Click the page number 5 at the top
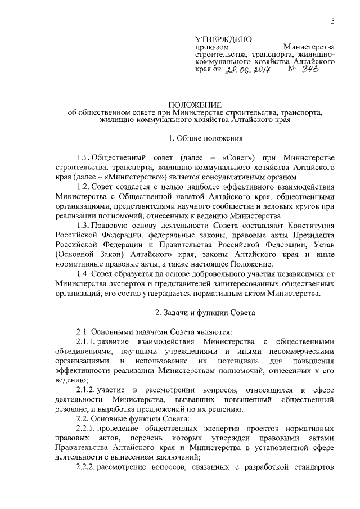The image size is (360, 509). click(x=332, y=22)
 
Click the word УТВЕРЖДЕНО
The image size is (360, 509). click(x=223, y=39)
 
